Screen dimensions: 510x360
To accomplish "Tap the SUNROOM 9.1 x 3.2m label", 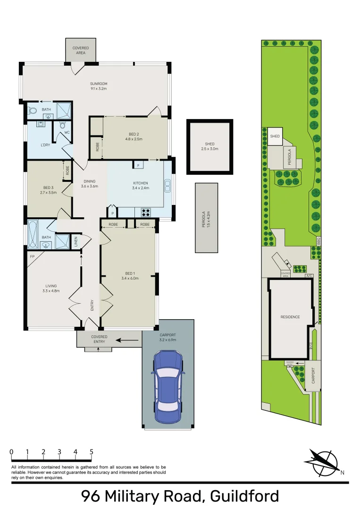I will pyautogui.click(x=99, y=86).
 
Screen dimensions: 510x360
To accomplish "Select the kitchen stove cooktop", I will pyautogui.click(x=146, y=212).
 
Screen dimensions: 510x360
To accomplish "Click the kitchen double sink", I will pyautogui.click(x=167, y=186).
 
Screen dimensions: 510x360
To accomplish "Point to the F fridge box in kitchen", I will pyautogui.click(x=139, y=165).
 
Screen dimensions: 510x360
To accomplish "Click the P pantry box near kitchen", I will pyautogui.click(x=113, y=213).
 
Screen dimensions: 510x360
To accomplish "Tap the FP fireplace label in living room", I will pyautogui.click(x=32, y=256).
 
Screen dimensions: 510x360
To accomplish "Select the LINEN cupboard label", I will pyautogui.click(x=75, y=242).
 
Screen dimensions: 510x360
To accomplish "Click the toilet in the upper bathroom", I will pyautogui.click(x=33, y=111).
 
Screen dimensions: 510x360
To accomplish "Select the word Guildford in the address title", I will pyautogui.click(x=244, y=496).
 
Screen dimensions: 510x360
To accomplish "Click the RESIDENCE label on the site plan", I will pyautogui.click(x=290, y=317).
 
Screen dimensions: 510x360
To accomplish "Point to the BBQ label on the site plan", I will pyautogui.click(x=318, y=239).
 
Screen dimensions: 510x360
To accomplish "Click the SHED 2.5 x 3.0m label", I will pyautogui.click(x=209, y=146).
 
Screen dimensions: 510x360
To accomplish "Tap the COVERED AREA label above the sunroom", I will pyautogui.click(x=80, y=50).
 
